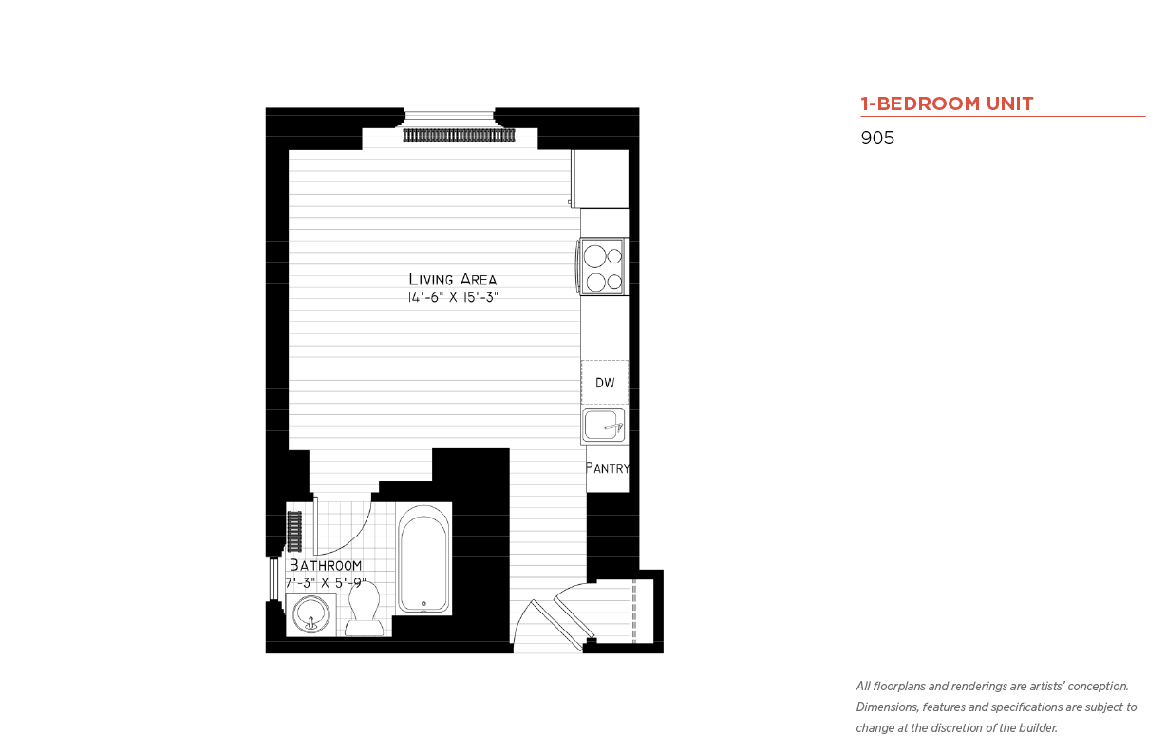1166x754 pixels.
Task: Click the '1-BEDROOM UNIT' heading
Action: pos(947,104)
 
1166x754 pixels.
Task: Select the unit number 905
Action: pos(877,138)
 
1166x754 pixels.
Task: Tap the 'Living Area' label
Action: pos(452,279)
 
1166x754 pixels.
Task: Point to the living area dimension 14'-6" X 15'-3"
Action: pos(453,298)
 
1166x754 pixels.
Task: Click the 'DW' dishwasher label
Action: pos(605,383)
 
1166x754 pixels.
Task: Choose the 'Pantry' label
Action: pos(608,468)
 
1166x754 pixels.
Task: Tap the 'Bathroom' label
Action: pos(326,565)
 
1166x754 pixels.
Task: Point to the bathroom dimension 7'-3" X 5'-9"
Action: pos(326,583)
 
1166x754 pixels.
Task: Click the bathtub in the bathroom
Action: pos(423,558)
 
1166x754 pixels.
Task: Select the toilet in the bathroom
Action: pos(364,610)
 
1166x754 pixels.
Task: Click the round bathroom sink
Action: pos(311,614)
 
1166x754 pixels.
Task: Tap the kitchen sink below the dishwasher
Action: pos(604,425)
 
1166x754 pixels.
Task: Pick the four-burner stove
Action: pos(603,267)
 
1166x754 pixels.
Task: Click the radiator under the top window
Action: pos(460,136)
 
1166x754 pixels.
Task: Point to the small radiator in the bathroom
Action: pos(294,531)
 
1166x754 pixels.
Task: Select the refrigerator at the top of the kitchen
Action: pos(600,179)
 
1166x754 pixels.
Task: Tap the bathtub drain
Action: pos(423,604)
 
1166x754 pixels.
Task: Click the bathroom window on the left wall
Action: pos(273,579)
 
